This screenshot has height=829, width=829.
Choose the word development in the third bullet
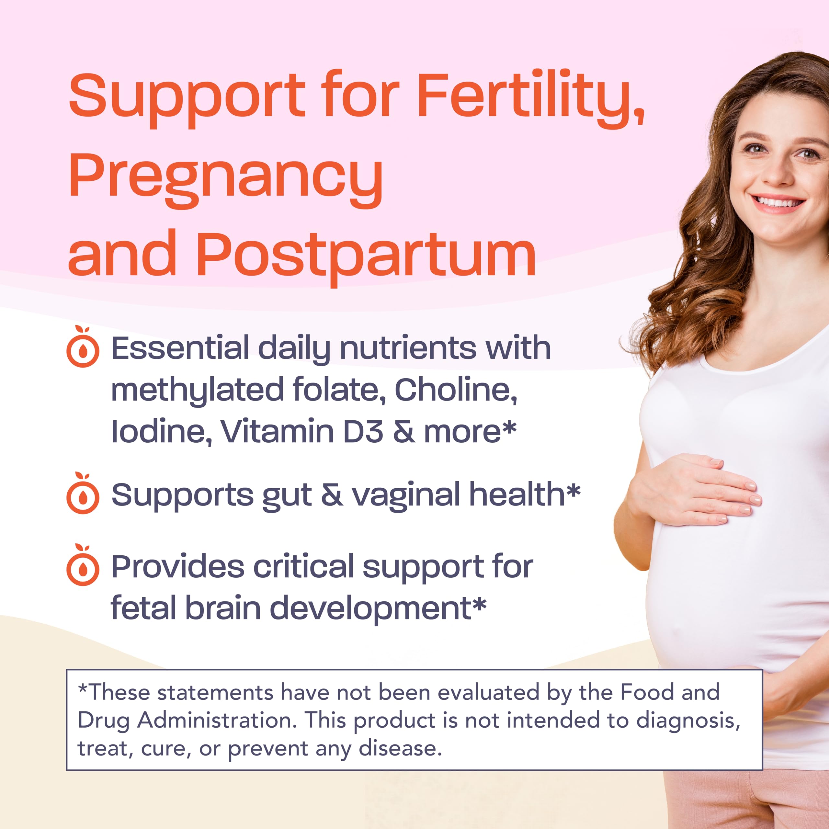point(371,608)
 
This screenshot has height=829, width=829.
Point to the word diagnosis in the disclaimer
point(688,721)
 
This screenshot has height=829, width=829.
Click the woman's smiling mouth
point(778,202)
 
